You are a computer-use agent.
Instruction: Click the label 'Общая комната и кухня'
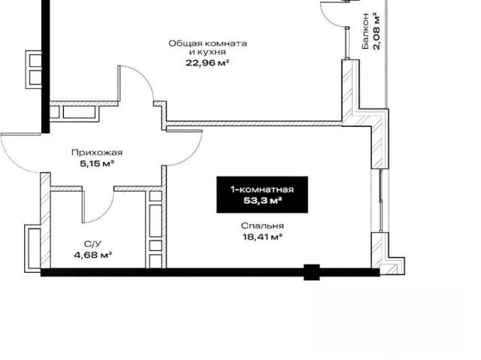pyautogui.click(x=207, y=47)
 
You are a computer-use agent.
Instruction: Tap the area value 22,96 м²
pyautogui.click(x=207, y=63)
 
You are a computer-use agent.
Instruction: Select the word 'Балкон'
pyautogui.click(x=365, y=31)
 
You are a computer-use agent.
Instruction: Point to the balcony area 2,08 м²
pyautogui.click(x=377, y=31)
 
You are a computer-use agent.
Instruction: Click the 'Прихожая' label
pyautogui.click(x=97, y=153)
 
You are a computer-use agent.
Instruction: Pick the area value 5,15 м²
pyautogui.click(x=97, y=163)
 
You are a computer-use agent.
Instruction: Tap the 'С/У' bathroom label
pyautogui.click(x=92, y=244)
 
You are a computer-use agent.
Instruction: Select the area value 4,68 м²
pyautogui.click(x=92, y=255)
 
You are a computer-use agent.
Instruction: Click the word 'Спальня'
pyautogui.click(x=262, y=226)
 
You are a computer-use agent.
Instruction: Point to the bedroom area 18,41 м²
pyautogui.click(x=262, y=237)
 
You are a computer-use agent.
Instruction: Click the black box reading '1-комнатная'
pyautogui.click(x=262, y=195)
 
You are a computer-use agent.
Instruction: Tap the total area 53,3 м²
pyautogui.click(x=262, y=201)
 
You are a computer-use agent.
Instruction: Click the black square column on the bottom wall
pyautogui.click(x=312, y=272)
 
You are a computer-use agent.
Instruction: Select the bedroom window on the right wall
pyautogui.click(x=380, y=200)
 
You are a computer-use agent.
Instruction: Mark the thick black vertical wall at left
pyautogui.click(x=45, y=67)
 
